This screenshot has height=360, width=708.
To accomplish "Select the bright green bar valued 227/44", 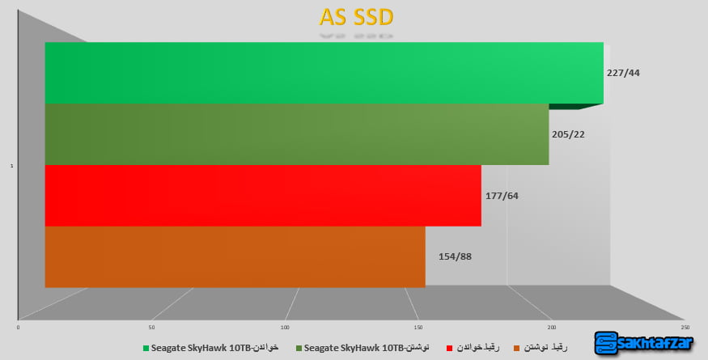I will (x=324, y=73).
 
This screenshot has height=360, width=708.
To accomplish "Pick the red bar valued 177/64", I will (x=263, y=195).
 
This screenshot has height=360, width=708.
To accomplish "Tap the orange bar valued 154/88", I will (x=235, y=256).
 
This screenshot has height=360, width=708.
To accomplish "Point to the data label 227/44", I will (x=623, y=72).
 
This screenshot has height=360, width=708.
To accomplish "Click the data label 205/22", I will (x=570, y=134).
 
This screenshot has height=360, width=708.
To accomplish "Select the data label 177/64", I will (x=501, y=195).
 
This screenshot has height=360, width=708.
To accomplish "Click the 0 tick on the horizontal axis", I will (x=18, y=327).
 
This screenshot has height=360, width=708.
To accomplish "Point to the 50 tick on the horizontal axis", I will (x=151, y=327).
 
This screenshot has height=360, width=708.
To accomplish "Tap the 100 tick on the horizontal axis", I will (x=285, y=327).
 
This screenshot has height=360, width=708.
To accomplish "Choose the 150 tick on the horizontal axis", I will (x=418, y=327).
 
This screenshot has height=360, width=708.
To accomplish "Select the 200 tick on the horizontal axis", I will (x=552, y=327).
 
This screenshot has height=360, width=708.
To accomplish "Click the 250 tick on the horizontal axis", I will (x=685, y=327).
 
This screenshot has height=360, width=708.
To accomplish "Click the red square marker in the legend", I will (x=448, y=349).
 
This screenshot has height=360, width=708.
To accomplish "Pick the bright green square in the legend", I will (x=146, y=349).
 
